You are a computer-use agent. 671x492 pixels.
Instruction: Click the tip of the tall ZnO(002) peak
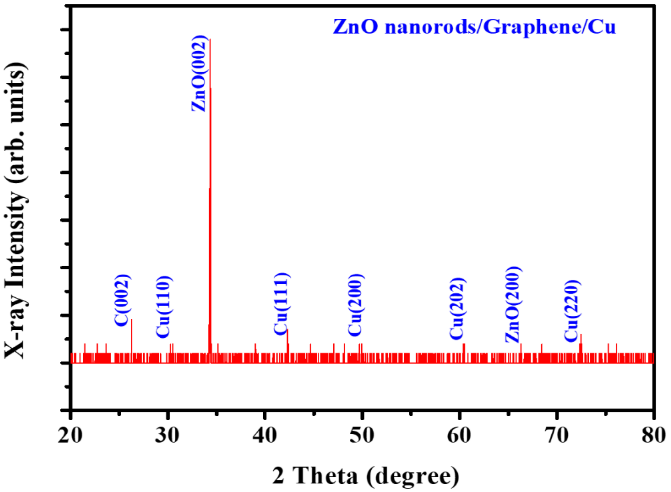click(210, 39)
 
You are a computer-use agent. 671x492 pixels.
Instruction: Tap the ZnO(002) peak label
click(199, 73)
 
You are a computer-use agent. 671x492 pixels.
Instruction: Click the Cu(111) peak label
click(281, 304)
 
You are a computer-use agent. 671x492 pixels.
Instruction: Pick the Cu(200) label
click(355, 305)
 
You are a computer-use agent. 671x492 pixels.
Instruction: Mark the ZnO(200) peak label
click(513, 304)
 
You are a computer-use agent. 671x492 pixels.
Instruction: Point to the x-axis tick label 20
click(70, 435)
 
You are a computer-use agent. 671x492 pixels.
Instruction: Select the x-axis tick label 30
click(167, 435)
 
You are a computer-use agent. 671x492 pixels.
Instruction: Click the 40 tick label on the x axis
click(264, 435)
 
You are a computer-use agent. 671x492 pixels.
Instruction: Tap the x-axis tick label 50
click(362, 435)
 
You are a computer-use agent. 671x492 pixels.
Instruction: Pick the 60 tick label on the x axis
click(459, 435)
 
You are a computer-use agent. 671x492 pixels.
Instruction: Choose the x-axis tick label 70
click(556, 435)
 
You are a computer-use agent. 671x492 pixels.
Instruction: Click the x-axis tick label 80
click(653, 435)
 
